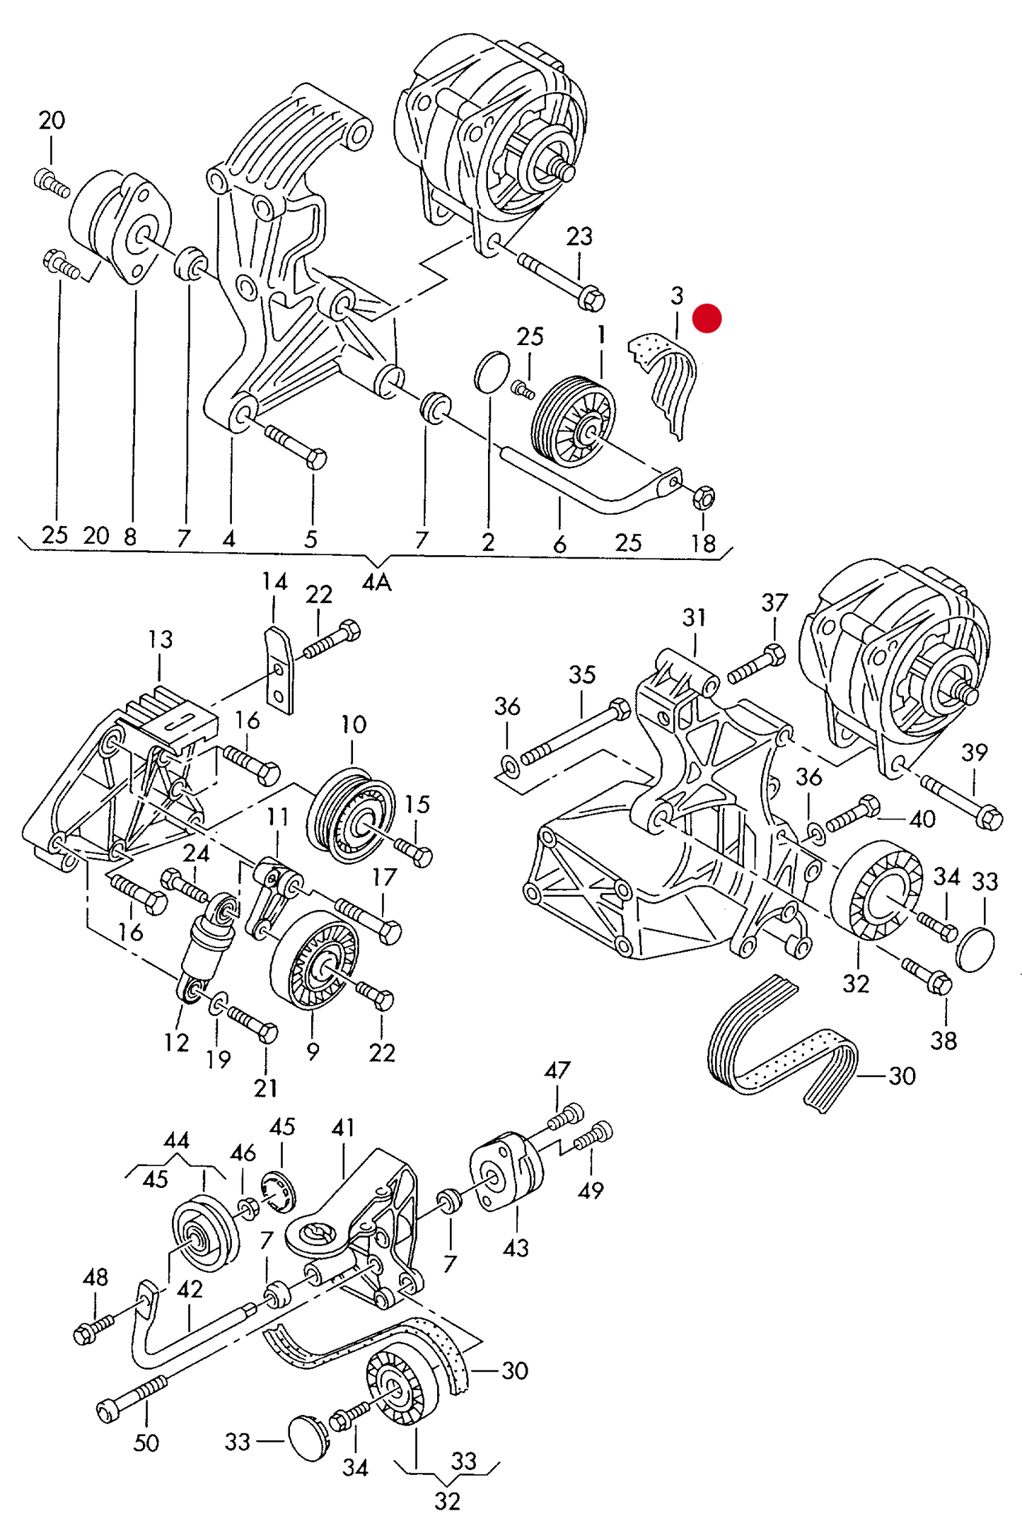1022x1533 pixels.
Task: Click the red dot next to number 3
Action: (x=707, y=318)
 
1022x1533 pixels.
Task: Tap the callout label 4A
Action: (x=376, y=583)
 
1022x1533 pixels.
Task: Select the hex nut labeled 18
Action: (x=704, y=497)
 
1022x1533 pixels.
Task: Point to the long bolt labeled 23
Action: (x=562, y=281)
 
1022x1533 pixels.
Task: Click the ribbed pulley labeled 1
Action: (x=572, y=422)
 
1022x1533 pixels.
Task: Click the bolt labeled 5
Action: (x=296, y=448)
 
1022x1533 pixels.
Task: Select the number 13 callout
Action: (x=161, y=639)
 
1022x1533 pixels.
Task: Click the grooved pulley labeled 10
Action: (x=352, y=815)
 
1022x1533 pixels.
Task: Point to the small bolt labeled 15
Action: (x=414, y=851)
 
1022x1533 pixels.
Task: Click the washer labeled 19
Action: (x=219, y=1003)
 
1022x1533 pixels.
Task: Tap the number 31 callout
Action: (x=694, y=617)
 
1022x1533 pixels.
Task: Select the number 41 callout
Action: (x=343, y=1127)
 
